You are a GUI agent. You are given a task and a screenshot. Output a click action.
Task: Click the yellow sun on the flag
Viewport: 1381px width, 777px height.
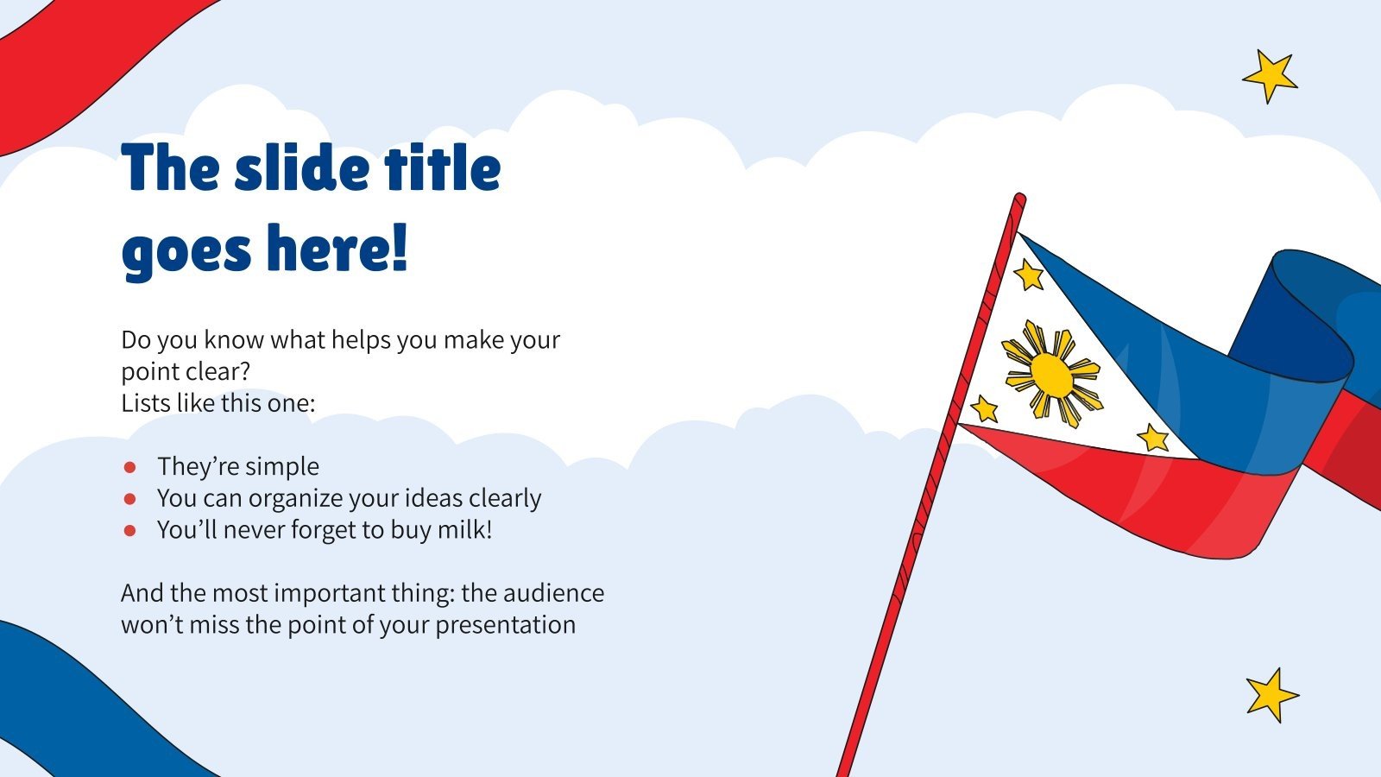1051,374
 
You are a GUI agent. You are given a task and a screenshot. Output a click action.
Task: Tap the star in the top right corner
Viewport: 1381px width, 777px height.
1270,76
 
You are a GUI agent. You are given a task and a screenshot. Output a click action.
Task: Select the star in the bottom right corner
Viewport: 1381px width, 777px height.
1271,694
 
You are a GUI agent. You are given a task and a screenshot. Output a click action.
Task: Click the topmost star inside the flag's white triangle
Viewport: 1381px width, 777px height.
1028,275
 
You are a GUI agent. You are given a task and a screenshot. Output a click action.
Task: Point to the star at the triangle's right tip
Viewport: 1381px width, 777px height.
1153,438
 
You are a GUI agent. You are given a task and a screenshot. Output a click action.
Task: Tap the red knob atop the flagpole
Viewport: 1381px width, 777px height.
1019,200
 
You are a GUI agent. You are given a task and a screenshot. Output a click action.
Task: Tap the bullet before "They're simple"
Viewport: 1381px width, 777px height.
130,467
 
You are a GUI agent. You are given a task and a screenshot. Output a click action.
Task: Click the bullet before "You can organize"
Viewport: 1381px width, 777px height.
130,499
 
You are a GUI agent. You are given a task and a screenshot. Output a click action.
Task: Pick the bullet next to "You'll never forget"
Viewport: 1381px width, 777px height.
130,530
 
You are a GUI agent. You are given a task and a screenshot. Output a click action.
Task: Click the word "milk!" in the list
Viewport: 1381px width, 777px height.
465,529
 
